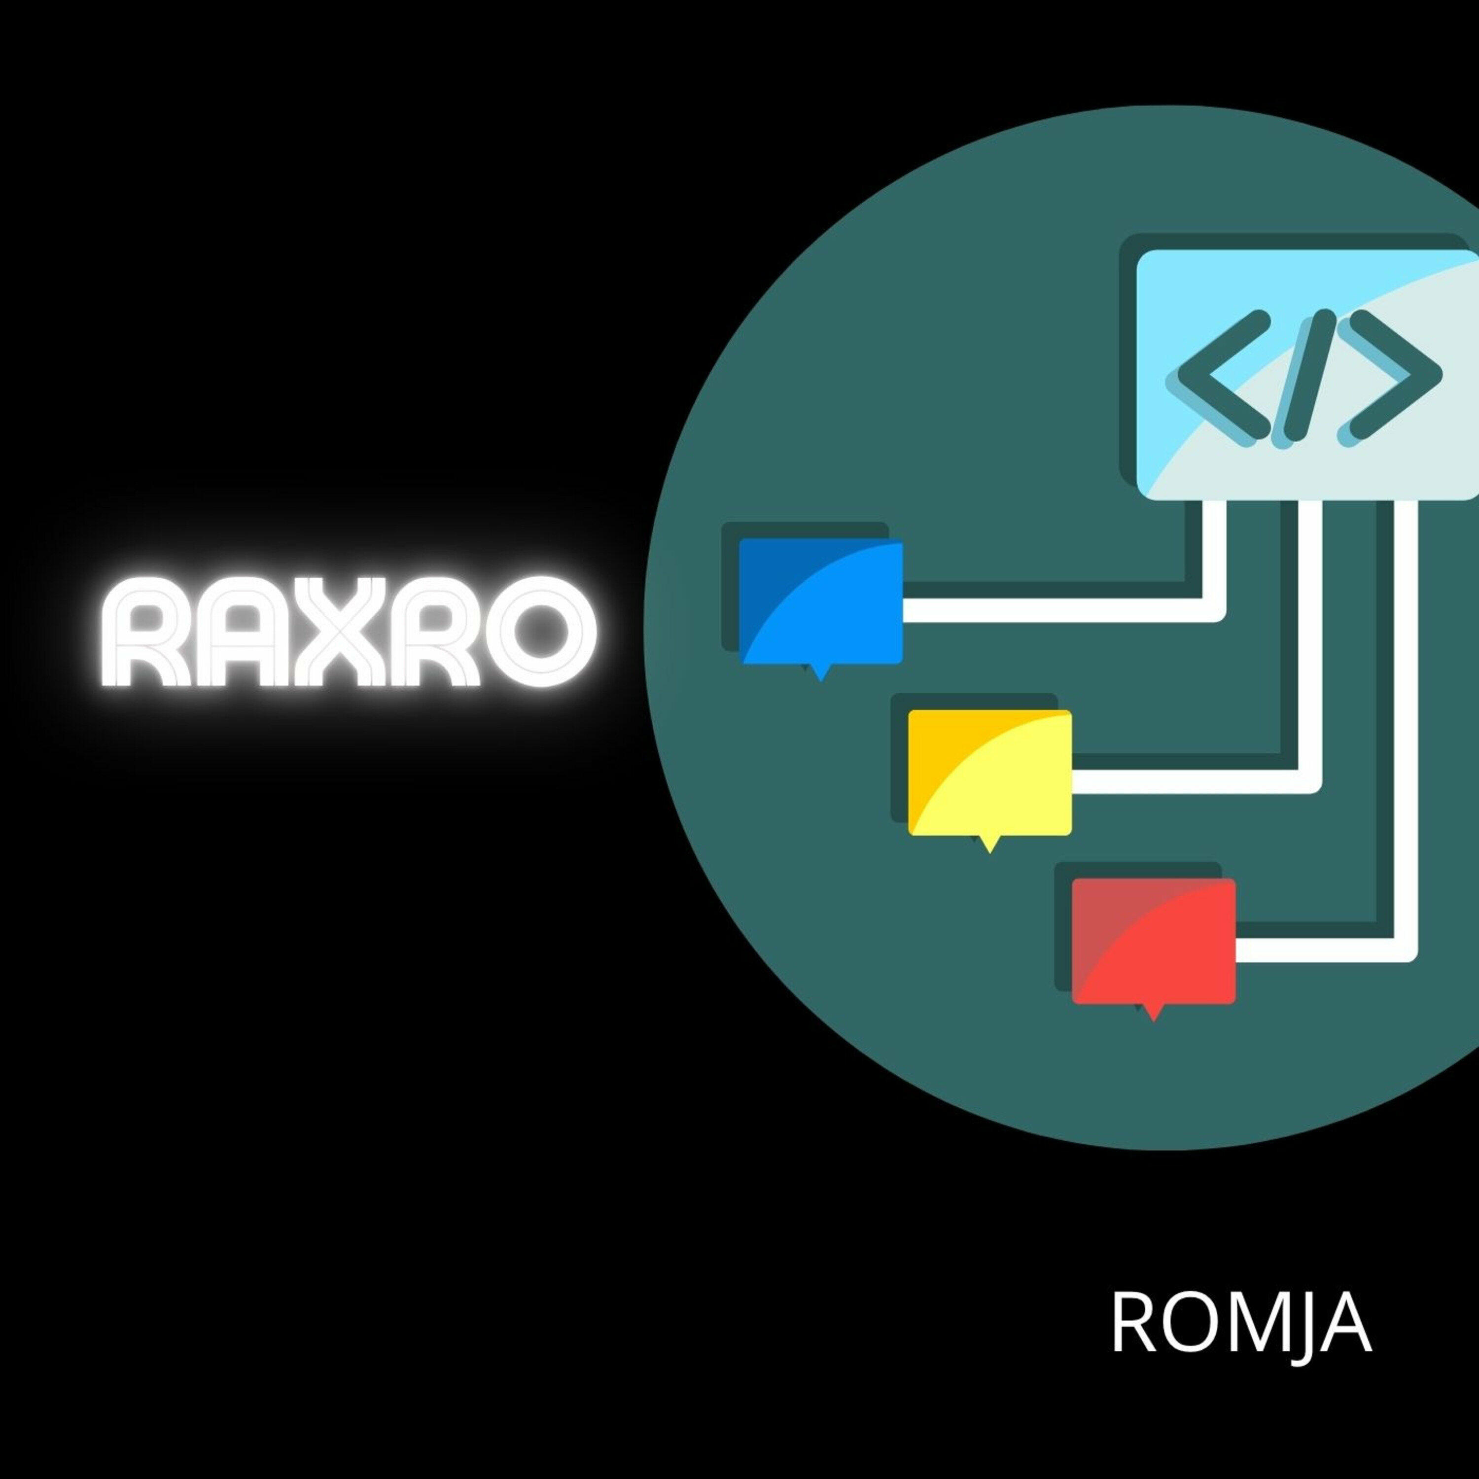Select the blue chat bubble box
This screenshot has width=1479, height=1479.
(821, 601)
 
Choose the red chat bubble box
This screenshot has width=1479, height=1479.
(1153, 941)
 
